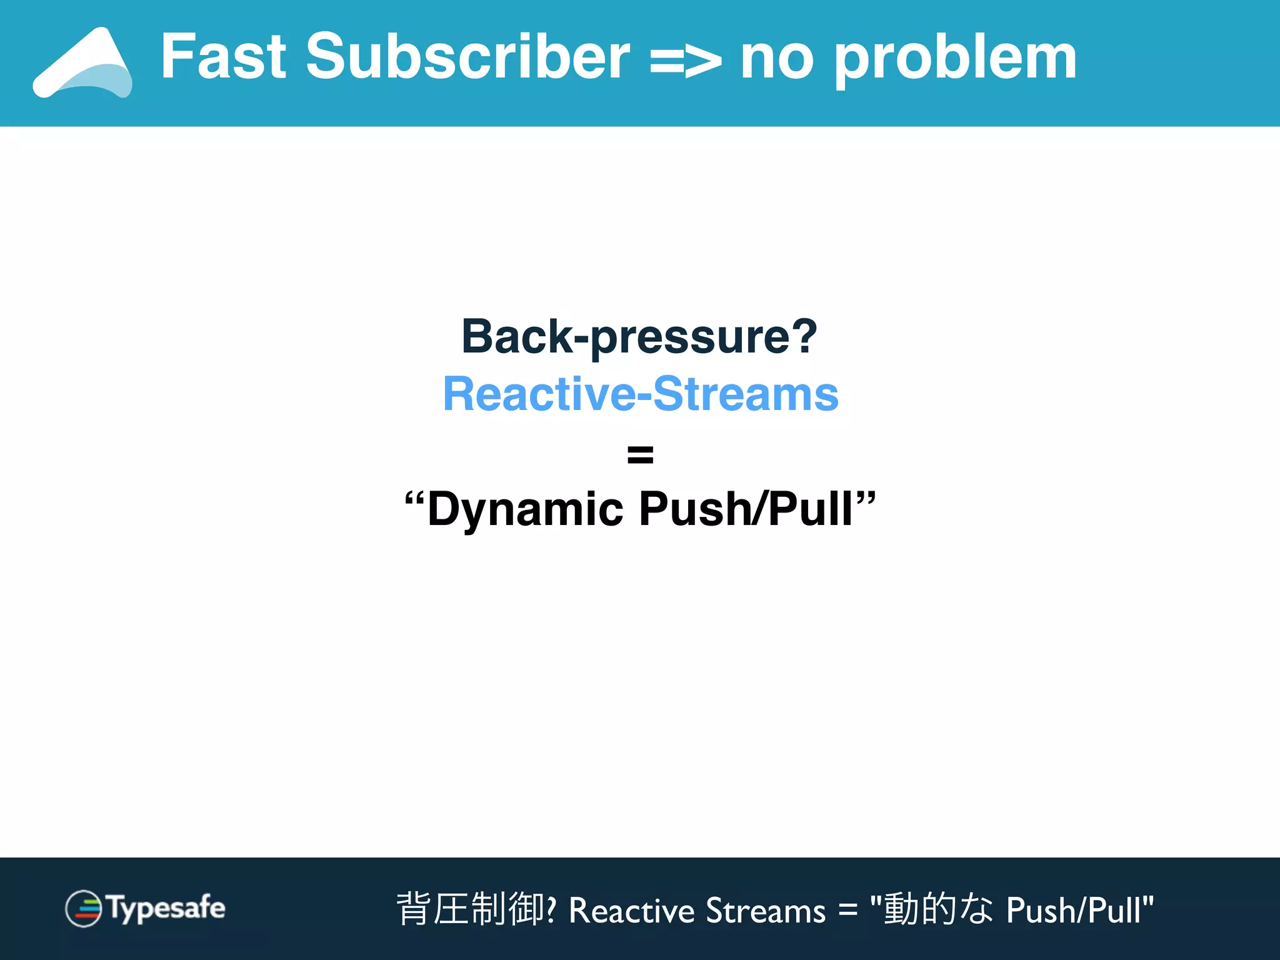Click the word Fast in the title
click(x=224, y=57)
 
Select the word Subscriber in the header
click(x=467, y=57)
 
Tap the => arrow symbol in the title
click(x=686, y=61)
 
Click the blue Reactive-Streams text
click(x=641, y=394)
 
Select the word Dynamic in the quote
click(x=525, y=509)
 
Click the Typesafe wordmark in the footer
click(x=166, y=909)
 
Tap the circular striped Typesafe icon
click(x=84, y=909)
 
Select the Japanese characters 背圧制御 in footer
click(x=470, y=909)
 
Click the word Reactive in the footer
click(x=631, y=911)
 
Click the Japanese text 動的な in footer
click(x=937, y=909)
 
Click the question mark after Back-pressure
click(x=804, y=336)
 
